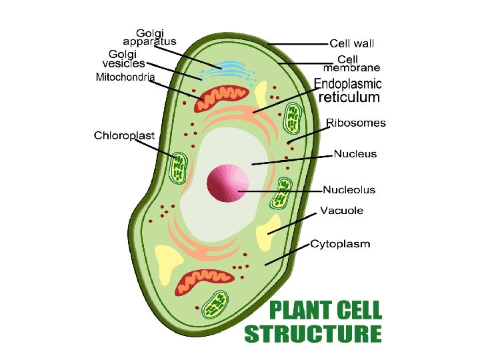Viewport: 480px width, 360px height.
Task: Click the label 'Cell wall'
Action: click(352, 44)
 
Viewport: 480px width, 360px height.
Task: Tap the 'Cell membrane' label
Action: click(352, 63)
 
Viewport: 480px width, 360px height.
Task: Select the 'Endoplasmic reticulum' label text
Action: click(348, 91)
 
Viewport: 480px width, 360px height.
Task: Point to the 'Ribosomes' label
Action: click(356, 123)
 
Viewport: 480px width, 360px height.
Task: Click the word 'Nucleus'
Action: click(355, 154)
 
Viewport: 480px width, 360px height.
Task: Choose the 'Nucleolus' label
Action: click(349, 190)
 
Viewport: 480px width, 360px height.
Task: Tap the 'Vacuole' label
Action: click(341, 211)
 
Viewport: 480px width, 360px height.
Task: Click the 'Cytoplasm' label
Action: click(340, 244)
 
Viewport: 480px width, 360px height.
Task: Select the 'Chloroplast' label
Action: click(124, 135)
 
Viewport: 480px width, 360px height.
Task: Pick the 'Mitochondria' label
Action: click(125, 77)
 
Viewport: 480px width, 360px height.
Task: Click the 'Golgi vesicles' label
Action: click(124, 59)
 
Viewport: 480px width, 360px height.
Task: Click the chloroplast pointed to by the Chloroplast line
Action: click(179, 167)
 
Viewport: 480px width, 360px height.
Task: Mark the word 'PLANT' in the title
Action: click(300, 311)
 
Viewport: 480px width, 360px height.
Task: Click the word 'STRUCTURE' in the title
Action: click(313, 333)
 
